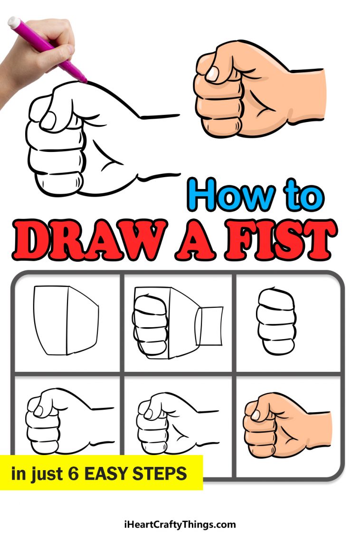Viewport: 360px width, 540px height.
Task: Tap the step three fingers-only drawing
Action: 276,322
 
